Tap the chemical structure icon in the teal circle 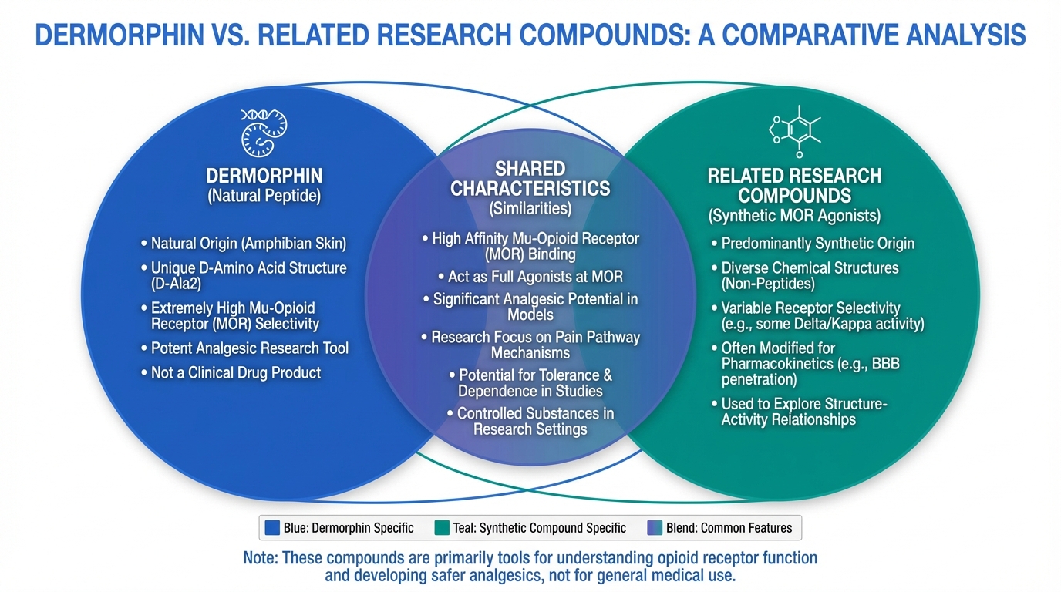pos(794,131)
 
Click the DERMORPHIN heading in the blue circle pos(264,176)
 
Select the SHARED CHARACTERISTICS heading pos(530,178)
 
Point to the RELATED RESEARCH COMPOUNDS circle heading pos(794,186)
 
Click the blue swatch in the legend pos(271,528)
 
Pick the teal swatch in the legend pos(441,528)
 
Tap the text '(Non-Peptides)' pos(770,284)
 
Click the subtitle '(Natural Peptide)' pos(264,196)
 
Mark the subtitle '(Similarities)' pos(530,208)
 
